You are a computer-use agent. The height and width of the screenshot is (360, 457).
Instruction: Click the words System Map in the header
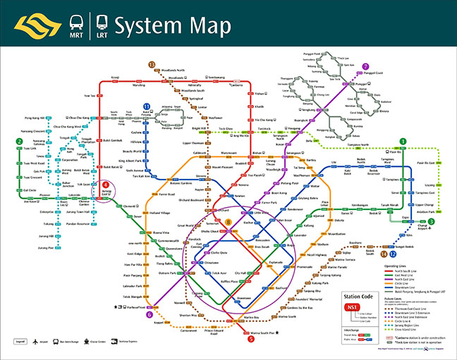(173, 26)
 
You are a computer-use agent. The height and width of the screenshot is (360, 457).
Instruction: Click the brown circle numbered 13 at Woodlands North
(152, 64)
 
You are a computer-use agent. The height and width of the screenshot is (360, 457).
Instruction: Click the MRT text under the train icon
(76, 34)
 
